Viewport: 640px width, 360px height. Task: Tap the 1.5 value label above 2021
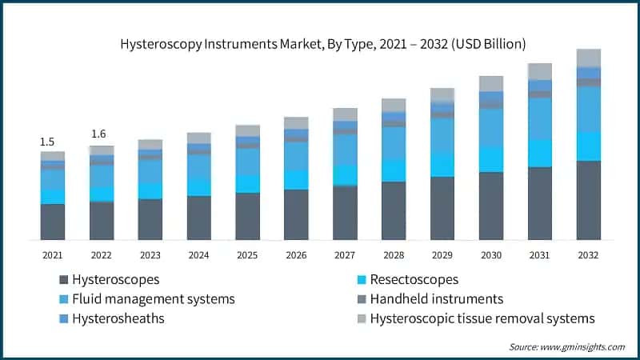50,142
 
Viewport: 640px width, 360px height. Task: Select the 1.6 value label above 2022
99,134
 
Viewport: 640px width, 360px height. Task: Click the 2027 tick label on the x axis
345,254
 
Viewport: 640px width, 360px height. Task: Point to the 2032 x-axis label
589,254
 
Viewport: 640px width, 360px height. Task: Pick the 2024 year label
198,254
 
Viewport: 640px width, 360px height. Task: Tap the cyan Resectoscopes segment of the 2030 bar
491,159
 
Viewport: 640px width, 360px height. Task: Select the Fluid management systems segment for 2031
540,118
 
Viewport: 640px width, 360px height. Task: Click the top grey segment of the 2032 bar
589,58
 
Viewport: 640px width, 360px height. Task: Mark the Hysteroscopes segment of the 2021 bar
53,222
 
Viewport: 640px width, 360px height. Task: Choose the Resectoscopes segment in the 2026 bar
296,179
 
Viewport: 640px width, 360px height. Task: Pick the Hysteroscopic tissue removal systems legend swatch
362,318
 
